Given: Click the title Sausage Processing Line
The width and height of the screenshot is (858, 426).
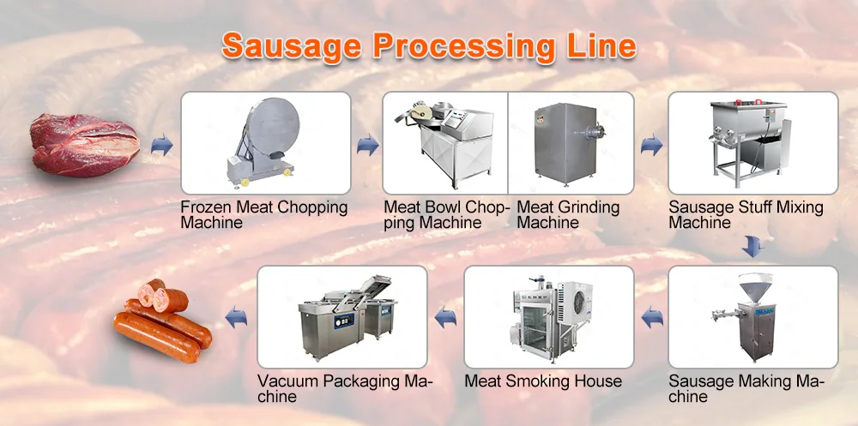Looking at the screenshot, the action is [429, 45].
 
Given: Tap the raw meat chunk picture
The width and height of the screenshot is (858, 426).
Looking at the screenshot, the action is [84, 142].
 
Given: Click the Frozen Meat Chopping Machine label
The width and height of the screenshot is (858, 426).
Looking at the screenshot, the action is [264, 214].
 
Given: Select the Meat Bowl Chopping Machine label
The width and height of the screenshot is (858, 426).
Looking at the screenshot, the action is [446, 214].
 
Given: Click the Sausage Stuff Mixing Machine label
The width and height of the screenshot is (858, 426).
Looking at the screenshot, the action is [746, 214].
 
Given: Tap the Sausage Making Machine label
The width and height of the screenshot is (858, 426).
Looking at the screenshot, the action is [746, 388].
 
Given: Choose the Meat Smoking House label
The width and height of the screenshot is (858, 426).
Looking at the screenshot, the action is [542, 381].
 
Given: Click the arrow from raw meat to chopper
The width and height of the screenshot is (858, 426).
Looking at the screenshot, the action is [161, 147].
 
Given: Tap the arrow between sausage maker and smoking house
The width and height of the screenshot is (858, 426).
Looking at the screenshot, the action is [651, 318].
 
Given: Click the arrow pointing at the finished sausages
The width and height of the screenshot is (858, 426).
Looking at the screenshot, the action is [236, 318].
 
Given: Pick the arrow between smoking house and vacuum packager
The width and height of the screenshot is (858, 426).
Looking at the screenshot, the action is [445, 318].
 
